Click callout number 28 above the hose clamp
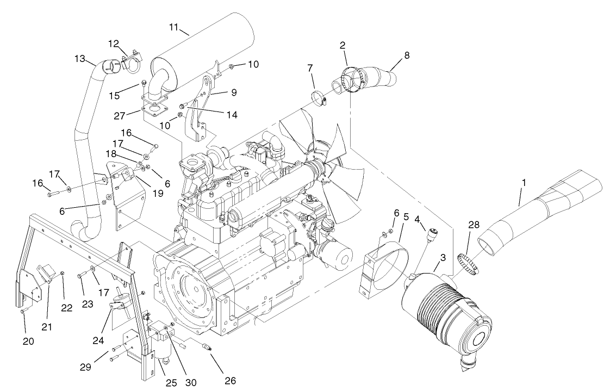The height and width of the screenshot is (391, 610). pos(474,224)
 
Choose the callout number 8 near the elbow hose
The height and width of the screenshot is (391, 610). pos(407,55)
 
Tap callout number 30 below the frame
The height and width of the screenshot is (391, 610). pos(190,382)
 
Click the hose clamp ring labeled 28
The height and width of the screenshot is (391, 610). pos(468,263)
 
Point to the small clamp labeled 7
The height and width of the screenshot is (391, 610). pos(321,100)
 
